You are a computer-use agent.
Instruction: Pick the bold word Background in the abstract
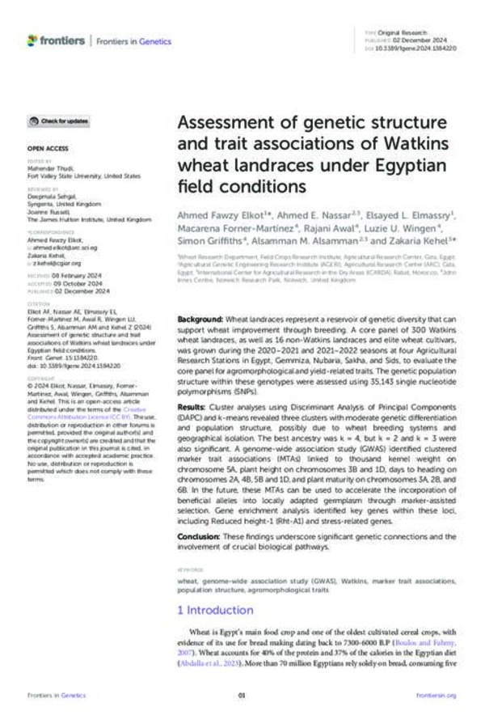(x=200, y=320)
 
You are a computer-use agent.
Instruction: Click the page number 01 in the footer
(x=242, y=695)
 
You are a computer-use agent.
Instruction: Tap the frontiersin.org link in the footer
(x=436, y=695)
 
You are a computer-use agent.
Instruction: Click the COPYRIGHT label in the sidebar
(x=40, y=377)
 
